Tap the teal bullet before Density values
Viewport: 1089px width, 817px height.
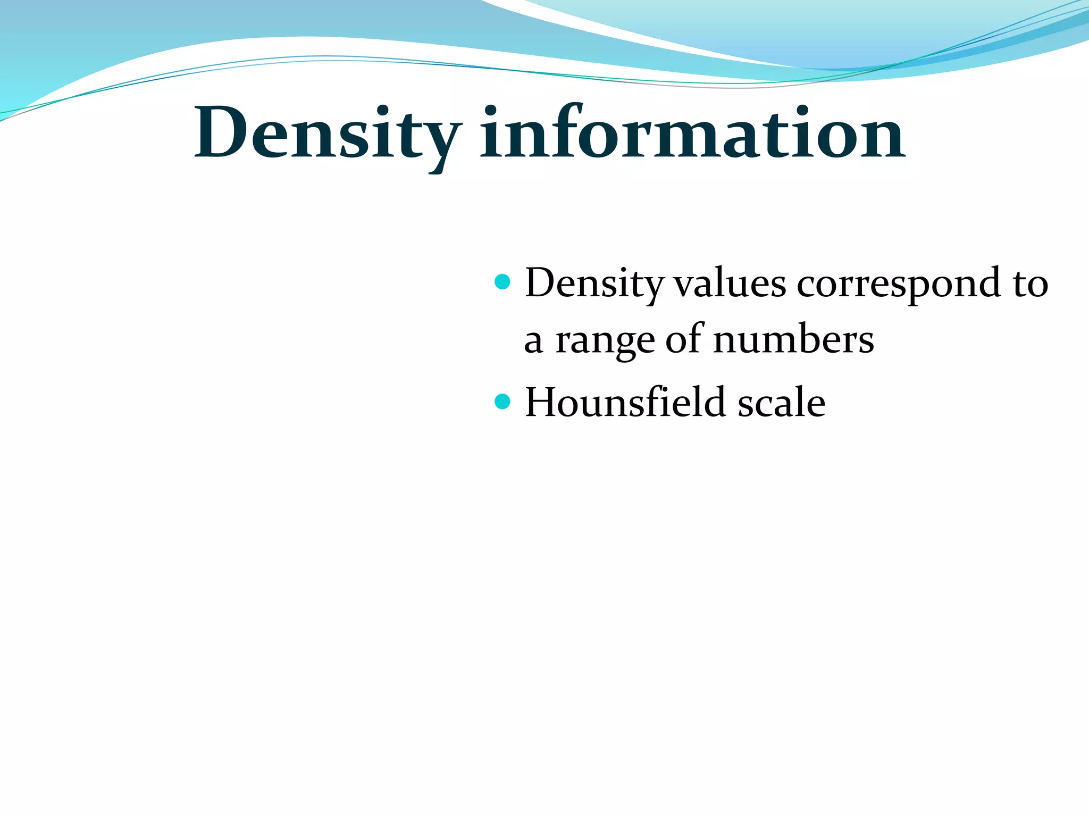tap(502, 281)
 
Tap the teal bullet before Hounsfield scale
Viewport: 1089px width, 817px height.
tap(502, 401)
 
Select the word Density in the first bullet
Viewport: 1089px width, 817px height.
tap(594, 284)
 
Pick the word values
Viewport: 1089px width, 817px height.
tap(730, 284)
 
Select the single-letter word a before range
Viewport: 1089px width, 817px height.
tap(533, 341)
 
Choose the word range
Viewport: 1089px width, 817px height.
tap(605, 341)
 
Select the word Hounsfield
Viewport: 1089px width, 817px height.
tap(625, 402)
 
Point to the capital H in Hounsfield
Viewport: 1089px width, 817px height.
tap(544, 402)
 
